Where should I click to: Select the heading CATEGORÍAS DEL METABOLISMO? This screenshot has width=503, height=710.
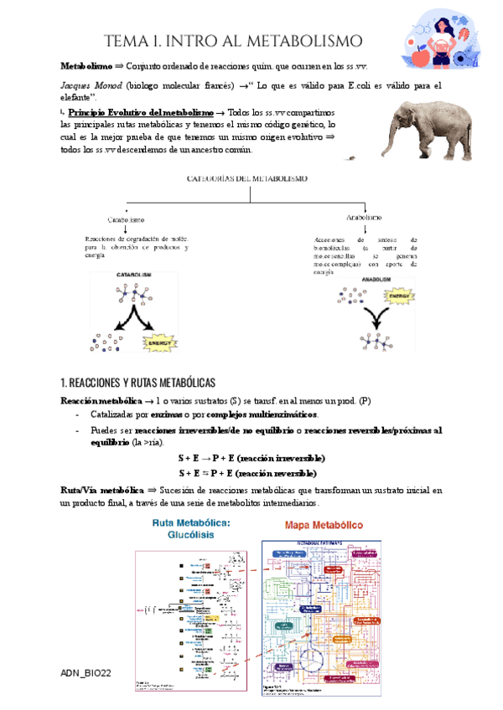250,179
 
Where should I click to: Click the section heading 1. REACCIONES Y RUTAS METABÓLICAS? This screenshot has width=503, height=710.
138,382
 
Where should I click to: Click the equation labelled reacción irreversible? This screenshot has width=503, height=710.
252,459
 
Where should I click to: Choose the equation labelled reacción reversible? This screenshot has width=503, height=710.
252,473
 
